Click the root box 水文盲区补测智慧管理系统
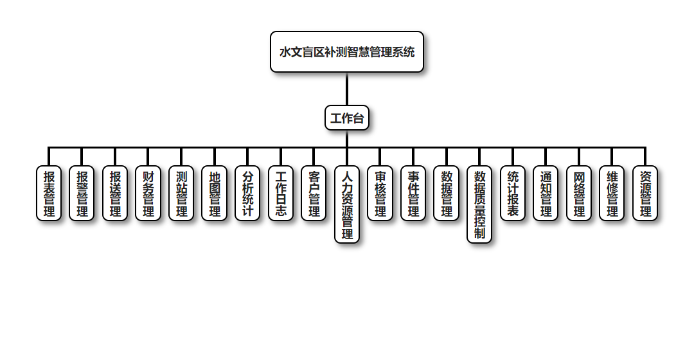[x=347, y=52]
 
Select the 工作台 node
[x=347, y=118]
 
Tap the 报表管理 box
[x=49, y=194]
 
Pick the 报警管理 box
[x=82, y=194]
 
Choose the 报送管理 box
[x=115, y=194]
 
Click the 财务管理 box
[x=148, y=194]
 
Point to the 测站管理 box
[x=181, y=194]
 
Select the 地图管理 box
[x=215, y=194]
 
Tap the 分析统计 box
[x=247, y=194]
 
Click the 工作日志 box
[x=281, y=194]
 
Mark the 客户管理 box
[x=314, y=194]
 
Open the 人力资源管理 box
[x=347, y=204]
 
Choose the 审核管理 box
[x=380, y=194]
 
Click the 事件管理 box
[x=413, y=194]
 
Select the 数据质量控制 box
[x=479, y=204]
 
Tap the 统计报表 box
[x=513, y=194]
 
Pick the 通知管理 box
[x=546, y=194]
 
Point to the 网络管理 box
[x=579, y=194]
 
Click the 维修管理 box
[x=612, y=194]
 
